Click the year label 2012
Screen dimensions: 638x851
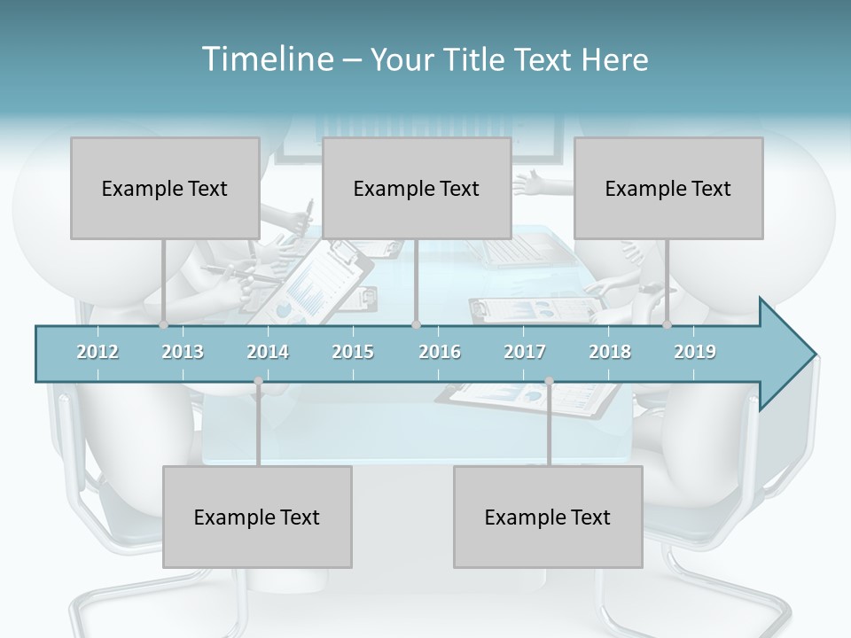(x=98, y=352)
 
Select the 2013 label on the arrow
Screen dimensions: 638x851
(x=183, y=352)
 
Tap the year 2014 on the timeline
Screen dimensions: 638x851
(x=268, y=352)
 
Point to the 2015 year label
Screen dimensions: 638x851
(x=353, y=352)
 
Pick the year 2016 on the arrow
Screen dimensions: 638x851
(x=440, y=352)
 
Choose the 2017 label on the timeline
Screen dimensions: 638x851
(x=525, y=352)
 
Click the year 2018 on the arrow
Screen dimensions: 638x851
(x=610, y=352)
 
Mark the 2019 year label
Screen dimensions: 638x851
(x=695, y=352)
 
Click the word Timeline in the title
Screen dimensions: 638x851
(x=267, y=59)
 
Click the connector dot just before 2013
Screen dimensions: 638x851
(x=163, y=325)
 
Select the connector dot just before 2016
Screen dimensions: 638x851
(x=416, y=325)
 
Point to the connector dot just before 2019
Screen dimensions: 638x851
(x=668, y=325)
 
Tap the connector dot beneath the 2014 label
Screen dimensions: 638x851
(x=258, y=381)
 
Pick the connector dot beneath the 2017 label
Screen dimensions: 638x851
(x=549, y=381)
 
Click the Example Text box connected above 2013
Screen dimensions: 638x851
(x=165, y=188)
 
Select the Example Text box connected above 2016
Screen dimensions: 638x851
(x=417, y=188)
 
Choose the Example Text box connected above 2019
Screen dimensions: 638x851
(x=668, y=188)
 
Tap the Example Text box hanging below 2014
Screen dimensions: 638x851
(x=257, y=517)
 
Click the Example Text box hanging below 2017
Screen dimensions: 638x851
(x=548, y=517)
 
